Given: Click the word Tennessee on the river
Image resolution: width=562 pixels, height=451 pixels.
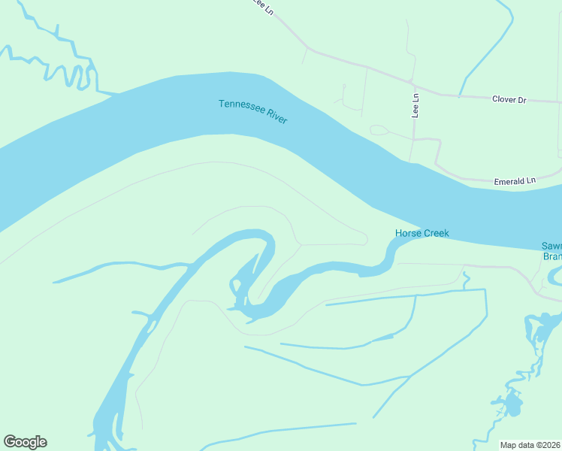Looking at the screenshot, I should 240,107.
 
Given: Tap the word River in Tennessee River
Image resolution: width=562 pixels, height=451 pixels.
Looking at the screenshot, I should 275,118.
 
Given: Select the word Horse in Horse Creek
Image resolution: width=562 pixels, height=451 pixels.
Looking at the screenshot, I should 409,233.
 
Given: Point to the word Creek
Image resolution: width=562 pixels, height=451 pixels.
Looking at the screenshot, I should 437,233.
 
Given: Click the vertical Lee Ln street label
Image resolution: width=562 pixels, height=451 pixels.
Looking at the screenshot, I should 415,104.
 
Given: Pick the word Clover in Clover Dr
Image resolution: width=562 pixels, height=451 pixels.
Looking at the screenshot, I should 504,99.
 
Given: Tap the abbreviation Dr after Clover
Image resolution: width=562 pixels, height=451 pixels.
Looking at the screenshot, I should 521,99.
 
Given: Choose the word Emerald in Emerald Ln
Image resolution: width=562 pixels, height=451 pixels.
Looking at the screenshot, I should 509,181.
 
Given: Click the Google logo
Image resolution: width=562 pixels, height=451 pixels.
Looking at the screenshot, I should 25,442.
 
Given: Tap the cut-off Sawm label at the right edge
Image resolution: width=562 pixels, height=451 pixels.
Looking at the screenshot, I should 551,246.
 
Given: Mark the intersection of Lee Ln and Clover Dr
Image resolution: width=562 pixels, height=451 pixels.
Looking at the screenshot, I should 411,81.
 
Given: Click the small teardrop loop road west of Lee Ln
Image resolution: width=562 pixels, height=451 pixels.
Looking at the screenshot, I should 379,130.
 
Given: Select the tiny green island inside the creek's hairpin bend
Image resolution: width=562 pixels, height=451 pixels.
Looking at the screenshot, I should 234,286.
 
